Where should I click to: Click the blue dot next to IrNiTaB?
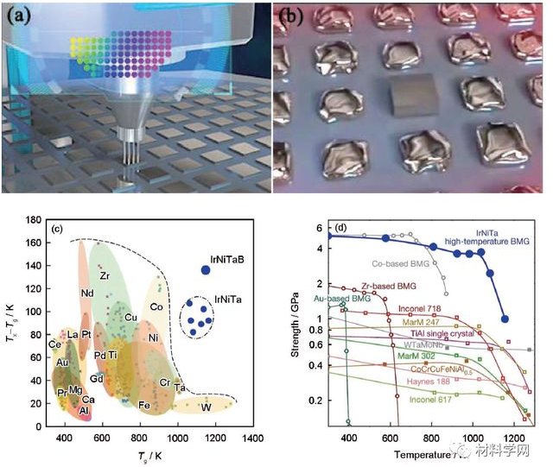click(x=206, y=270)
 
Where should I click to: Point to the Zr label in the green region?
click(x=104, y=276)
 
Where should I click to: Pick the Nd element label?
click(x=87, y=293)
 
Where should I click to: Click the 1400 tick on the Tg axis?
click(x=253, y=439)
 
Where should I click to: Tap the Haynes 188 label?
click(x=407, y=381)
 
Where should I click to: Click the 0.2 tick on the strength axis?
click(x=321, y=401)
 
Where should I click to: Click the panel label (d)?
click(x=340, y=229)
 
